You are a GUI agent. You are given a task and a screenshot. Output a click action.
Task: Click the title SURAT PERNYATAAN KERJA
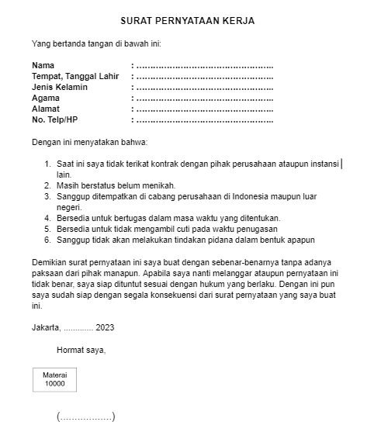(187, 20)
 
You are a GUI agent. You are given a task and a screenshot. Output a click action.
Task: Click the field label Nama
(43, 65)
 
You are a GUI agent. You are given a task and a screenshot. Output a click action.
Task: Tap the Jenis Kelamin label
(60, 87)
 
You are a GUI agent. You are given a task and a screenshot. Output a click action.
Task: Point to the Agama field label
(46, 98)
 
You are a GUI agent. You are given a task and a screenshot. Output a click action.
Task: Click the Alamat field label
(46, 109)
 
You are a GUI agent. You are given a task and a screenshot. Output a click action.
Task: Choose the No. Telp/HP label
(55, 119)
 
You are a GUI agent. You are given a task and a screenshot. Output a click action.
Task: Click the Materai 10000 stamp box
(54, 379)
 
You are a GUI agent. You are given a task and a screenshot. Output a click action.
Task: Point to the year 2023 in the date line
(105, 327)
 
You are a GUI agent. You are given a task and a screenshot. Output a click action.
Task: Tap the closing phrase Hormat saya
(81, 349)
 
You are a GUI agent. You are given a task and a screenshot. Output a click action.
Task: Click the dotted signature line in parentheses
(85, 417)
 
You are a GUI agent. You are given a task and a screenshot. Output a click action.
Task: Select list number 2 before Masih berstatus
(48, 185)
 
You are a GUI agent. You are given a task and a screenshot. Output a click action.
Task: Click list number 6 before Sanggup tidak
(48, 240)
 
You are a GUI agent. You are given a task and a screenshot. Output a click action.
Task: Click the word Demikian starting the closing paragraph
(49, 262)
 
